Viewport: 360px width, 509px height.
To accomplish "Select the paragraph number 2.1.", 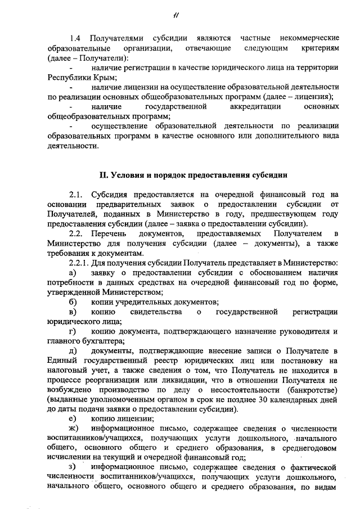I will point(76,194).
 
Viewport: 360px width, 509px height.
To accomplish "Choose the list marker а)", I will point(72,272).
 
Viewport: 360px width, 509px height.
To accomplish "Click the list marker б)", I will point(72,301).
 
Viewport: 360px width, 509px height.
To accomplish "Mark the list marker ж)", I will point(73,429).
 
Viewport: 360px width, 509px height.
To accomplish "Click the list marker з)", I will point(72,467).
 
